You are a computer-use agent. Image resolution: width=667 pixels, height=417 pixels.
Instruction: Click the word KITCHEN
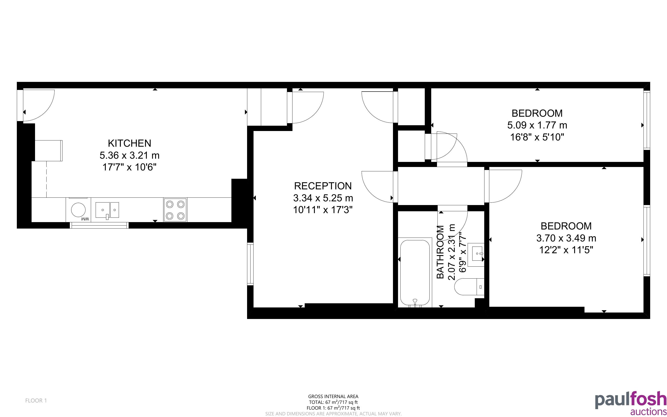click(x=130, y=143)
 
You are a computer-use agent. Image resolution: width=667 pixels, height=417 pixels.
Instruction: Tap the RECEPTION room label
click(x=323, y=186)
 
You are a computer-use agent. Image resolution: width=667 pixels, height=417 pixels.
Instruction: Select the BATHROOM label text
click(x=440, y=252)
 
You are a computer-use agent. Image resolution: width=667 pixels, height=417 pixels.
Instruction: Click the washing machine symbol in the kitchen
click(x=78, y=210)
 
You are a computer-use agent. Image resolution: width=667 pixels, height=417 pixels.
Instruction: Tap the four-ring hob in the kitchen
click(x=175, y=210)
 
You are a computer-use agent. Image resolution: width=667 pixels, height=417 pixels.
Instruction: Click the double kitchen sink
click(x=107, y=210)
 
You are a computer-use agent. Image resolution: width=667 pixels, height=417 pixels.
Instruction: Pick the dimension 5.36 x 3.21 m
click(x=130, y=155)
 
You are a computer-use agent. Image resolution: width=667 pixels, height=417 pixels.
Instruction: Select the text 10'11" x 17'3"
click(x=323, y=210)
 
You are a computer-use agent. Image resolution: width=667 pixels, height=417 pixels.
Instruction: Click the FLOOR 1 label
click(x=36, y=400)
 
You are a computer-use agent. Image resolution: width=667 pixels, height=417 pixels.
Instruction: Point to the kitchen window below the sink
click(x=99, y=225)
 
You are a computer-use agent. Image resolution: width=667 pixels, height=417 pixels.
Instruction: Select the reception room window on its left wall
click(x=250, y=264)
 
